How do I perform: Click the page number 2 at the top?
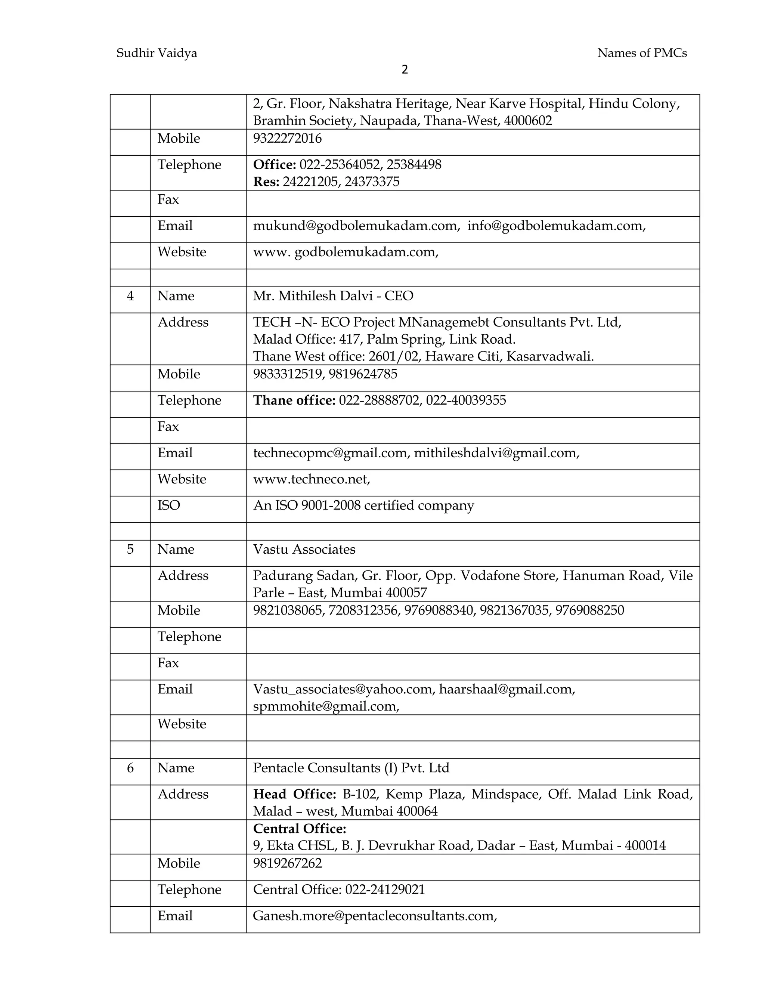(405, 69)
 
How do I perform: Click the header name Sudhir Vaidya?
(157, 53)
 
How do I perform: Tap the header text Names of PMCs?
(641, 53)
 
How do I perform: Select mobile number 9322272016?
(287, 138)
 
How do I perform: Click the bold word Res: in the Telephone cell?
(266, 182)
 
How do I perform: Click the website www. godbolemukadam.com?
(346, 252)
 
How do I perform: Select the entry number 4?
(130, 296)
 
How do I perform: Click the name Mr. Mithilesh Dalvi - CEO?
(333, 296)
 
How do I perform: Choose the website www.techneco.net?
(312, 479)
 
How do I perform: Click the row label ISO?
(168, 505)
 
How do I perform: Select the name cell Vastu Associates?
(304, 550)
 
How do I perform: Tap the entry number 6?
(130, 768)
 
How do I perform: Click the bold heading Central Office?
(300, 829)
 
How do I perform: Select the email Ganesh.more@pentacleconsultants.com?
(374, 916)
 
